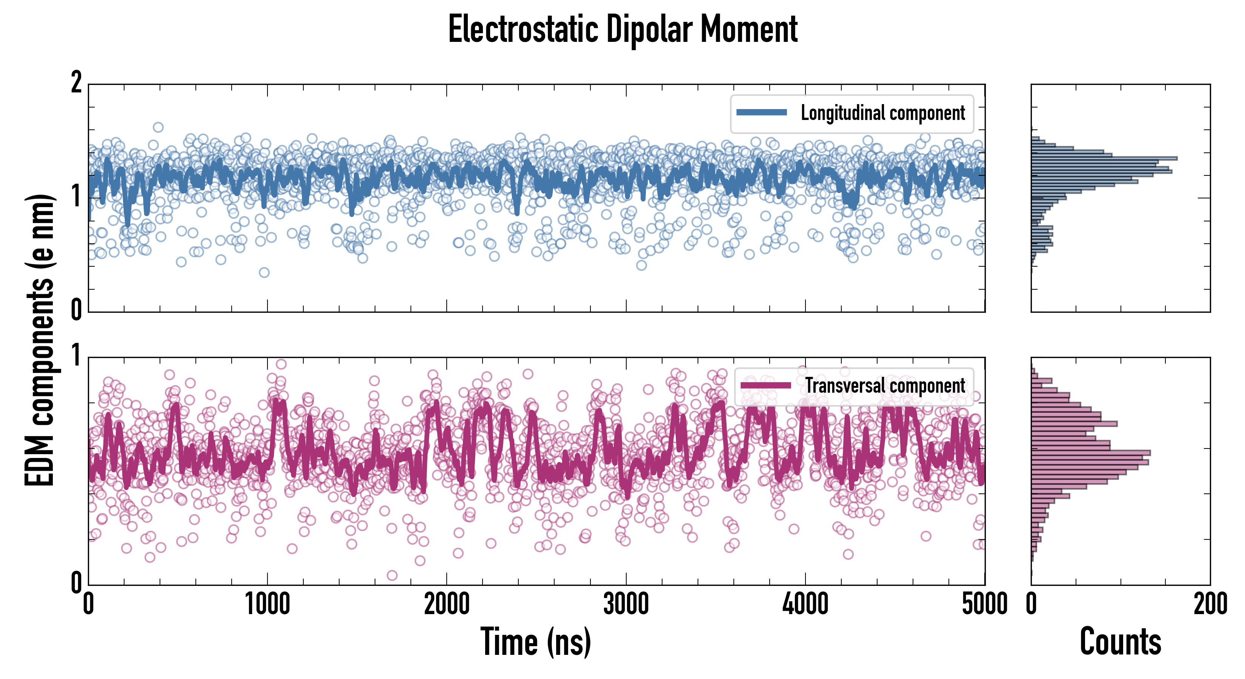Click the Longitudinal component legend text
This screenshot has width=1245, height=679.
point(882,113)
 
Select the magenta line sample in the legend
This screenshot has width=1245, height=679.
point(765,385)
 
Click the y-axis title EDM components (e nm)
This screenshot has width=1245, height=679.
point(40,340)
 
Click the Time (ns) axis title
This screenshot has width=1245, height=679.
point(535,642)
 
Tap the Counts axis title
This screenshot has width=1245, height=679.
point(1120,642)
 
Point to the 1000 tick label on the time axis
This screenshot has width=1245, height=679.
point(267,604)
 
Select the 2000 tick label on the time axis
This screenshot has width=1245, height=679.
point(447,604)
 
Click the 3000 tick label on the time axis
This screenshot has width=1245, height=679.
point(626,604)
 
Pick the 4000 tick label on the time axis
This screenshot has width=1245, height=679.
point(805,604)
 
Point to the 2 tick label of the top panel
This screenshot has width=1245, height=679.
point(76,83)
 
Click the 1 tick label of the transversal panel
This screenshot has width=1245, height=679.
point(76,356)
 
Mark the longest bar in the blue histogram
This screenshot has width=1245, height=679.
point(1104,158)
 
